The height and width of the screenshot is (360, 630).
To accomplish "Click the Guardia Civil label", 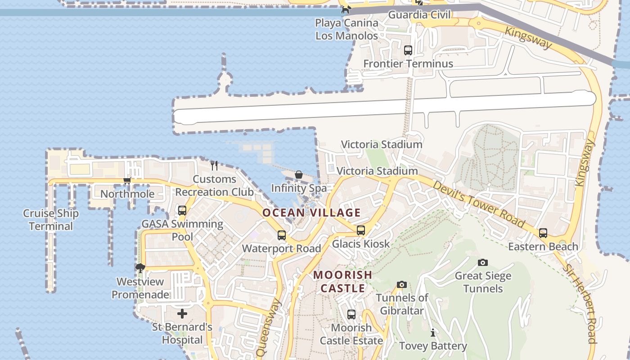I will coord(419,14).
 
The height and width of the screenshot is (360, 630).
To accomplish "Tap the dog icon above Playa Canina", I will coord(346,9).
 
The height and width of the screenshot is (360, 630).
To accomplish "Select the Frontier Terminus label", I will coord(408,63).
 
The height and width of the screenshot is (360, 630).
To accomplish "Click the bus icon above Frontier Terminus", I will coord(408,50).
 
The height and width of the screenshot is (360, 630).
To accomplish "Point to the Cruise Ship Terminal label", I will coord(51,220).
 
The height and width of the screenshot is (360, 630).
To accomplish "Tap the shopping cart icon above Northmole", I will coord(127,181).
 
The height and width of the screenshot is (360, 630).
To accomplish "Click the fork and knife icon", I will coord(214,166).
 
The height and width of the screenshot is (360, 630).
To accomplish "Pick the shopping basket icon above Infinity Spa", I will coord(298,175).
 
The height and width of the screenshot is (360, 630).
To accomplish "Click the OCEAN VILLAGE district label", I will coord(311,212).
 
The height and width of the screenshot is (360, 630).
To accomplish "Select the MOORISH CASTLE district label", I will coord(343,281).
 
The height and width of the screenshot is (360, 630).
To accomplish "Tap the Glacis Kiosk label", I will coord(361,243).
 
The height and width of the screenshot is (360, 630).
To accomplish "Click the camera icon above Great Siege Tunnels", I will coord(483,262).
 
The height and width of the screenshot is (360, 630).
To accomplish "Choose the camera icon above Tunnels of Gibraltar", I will coord(402,284).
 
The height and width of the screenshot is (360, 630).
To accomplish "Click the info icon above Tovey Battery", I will coord(433,333).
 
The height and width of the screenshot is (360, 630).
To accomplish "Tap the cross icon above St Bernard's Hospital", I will coord(182,313).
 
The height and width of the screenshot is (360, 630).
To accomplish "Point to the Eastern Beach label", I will coord(543,246).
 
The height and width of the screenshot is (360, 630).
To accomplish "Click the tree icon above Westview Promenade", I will coord(140,269).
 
